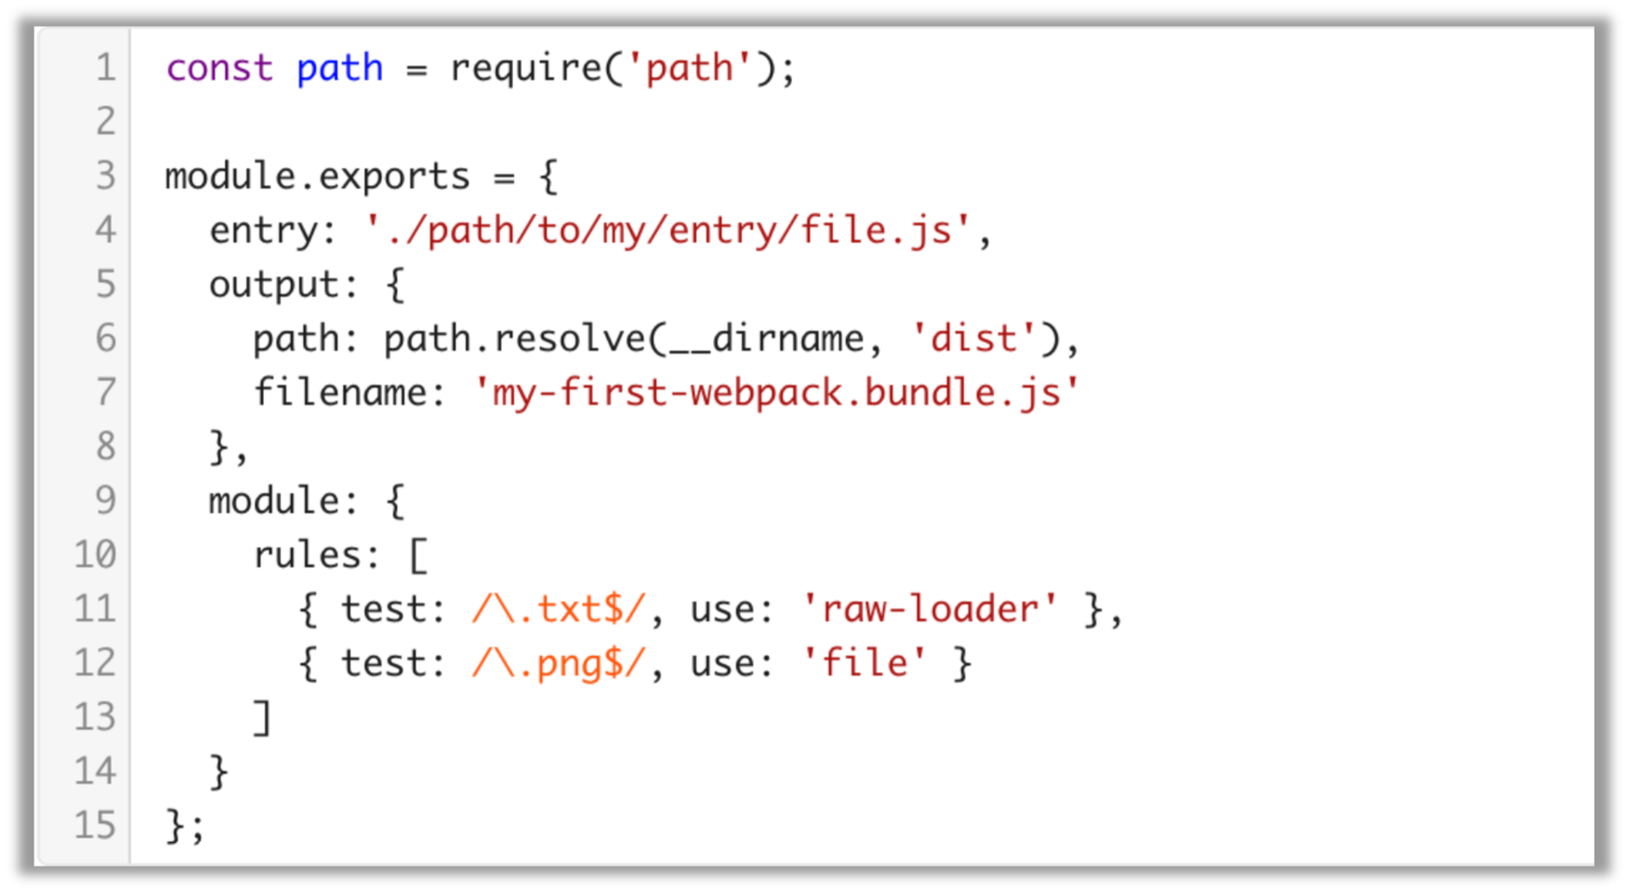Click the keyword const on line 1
coord(219,68)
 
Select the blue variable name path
coord(339,68)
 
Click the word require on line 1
coord(525,68)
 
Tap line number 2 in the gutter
coord(105,121)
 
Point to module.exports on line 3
coord(317,176)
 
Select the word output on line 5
coord(273,285)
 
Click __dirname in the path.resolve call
coord(766,338)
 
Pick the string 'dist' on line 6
coord(973,338)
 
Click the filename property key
coord(339,392)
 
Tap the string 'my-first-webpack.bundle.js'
coord(776,392)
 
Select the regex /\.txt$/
coord(558,609)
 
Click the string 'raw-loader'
coord(930,609)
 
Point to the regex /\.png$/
coord(558,663)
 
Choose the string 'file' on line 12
coord(865,663)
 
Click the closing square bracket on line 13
coord(263,718)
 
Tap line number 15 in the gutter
coord(95,825)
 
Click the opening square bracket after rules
coord(417,555)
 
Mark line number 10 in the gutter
coord(95,555)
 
